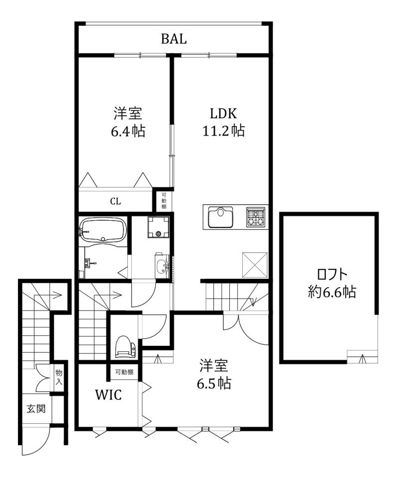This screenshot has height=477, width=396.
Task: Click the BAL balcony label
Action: point(174,39)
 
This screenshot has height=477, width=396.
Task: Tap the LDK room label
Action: point(223,113)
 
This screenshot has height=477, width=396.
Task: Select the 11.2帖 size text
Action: point(223,131)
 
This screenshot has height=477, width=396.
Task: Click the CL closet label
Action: point(115,202)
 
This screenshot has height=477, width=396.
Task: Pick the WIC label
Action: point(109,396)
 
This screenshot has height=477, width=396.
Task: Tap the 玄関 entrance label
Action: point(36,409)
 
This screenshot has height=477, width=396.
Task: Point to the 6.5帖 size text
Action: point(214,383)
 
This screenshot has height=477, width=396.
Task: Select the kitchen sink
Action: point(220,217)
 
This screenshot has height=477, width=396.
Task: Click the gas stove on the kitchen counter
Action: point(256,217)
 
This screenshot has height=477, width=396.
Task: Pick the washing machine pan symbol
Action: point(159,228)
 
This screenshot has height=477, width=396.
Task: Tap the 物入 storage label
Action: point(59,377)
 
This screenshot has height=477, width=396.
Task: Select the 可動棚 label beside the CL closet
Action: point(163,201)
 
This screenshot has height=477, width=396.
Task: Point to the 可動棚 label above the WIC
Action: point(124,372)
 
